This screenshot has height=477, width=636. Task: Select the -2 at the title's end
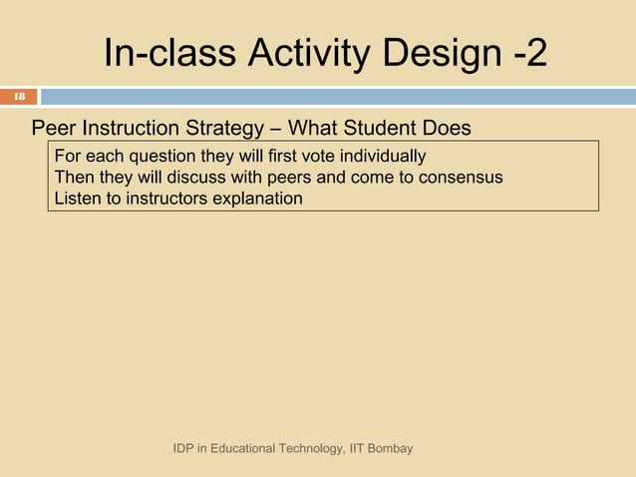529,55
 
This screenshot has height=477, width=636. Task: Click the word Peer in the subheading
52,129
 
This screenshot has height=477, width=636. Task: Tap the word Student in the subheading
379,129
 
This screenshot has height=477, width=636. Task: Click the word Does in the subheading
448,129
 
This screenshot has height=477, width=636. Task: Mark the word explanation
254,199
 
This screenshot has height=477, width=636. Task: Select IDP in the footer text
184,449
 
